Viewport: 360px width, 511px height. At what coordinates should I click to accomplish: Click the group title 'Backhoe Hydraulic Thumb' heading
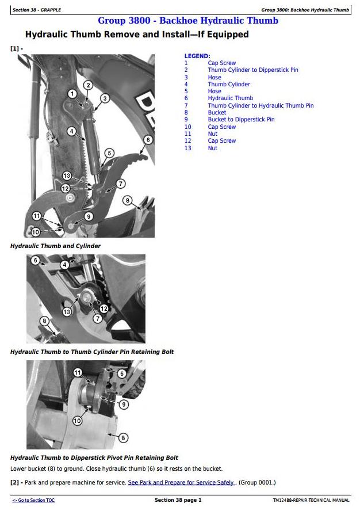pyautogui.click(x=187, y=21)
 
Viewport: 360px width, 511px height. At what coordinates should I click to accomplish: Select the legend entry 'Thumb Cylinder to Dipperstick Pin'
pyautogui.click(x=253, y=70)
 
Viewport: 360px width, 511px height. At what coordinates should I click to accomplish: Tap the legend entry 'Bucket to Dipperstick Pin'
pyautogui.click(x=241, y=120)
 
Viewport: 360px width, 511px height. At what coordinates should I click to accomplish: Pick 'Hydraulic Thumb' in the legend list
pyautogui.click(x=230, y=98)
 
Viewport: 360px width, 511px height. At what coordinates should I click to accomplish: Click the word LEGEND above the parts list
pyautogui.click(x=197, y=56)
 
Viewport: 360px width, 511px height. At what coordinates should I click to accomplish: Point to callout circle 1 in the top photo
pyautogui.click(x=72, y=94)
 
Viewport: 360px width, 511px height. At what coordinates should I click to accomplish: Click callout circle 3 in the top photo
pyautogui.click(x=104, y=98)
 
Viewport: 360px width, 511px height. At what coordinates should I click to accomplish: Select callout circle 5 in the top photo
pyautogui.click(x=109, y=153)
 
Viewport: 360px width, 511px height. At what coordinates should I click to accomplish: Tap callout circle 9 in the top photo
pyautogui.click(x=89, y=216)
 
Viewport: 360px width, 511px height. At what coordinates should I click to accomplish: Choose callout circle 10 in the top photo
pyautogui.click(x=36, y=232)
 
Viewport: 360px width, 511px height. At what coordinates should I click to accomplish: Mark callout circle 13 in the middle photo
pyautogui.click(x=67, y=311)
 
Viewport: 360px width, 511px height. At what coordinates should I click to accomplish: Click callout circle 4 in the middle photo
pyautogui.click(x=65, y=264)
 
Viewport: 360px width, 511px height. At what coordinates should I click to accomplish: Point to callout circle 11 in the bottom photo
pyautogui.click(x=78, y=372)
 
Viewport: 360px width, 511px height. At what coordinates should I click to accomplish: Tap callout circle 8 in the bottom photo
pyautogui.click(x=122, y=438)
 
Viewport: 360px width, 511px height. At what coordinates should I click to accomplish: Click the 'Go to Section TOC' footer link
pyautogui.click(x=34, y=501)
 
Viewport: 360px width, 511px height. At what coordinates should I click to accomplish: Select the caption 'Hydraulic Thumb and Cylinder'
pyautogui.click(x=55, y=246)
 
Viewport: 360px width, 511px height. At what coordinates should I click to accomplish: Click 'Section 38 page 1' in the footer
pyautogui.click(x=178, y=501)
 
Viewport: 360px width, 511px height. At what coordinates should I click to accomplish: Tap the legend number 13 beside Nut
pyautogui.click(x=187, y=148)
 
